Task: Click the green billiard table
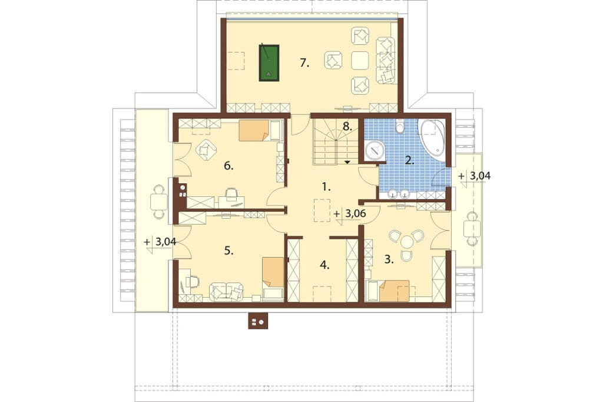click(x=269, y=62)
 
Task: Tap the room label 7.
click(x=304, y=62)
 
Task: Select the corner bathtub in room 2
click(x=432, y=137)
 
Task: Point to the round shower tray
click(x=375, y=150)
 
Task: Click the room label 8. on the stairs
click(x=347, y=127)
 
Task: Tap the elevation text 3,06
click(x=355, y=214)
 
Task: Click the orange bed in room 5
click(x=273, y=272)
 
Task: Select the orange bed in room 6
click(x=254, y=130)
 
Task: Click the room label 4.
click(x=325, y=265)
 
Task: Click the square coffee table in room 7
click(x=360, y=61)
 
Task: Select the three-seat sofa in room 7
click(x=386, y=61)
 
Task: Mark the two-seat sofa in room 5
click(x=226, y=292)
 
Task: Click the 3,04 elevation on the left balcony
click(x=165, y=242)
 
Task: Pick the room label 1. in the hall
click(x=326, y=187)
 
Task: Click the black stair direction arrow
click(x=347, y=162)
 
